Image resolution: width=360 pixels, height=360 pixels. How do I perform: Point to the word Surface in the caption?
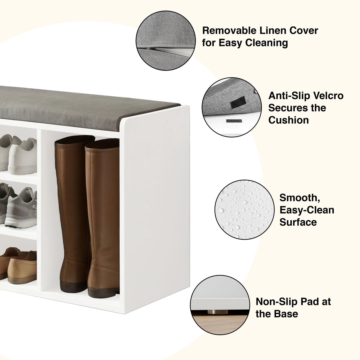298,222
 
